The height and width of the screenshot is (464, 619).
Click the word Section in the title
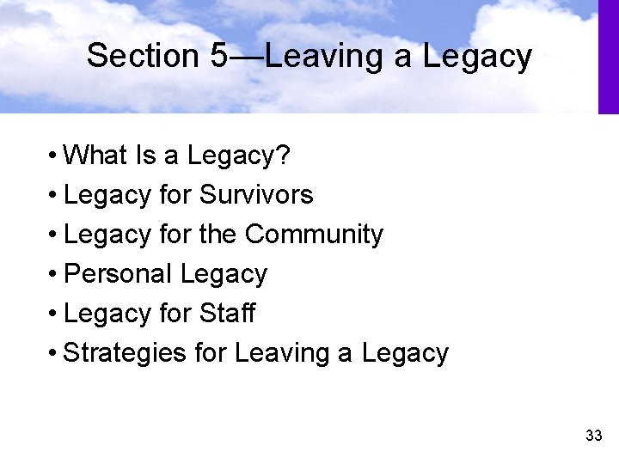point(144,56)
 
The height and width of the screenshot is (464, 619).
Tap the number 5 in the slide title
point(218,56)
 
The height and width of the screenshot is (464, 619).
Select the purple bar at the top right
point(608,57)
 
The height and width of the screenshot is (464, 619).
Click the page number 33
point(593,436)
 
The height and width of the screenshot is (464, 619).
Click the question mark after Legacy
point(285,156)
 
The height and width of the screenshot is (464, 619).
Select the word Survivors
point(256,195)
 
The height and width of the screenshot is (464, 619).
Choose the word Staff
point(227,314)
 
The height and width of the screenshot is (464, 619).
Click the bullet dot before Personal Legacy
point(53,275)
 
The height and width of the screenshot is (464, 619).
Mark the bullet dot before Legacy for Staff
point(53,314)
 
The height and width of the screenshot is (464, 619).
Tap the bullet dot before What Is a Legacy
point(53,156)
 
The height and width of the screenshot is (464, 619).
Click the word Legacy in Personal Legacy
point(224,274)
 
